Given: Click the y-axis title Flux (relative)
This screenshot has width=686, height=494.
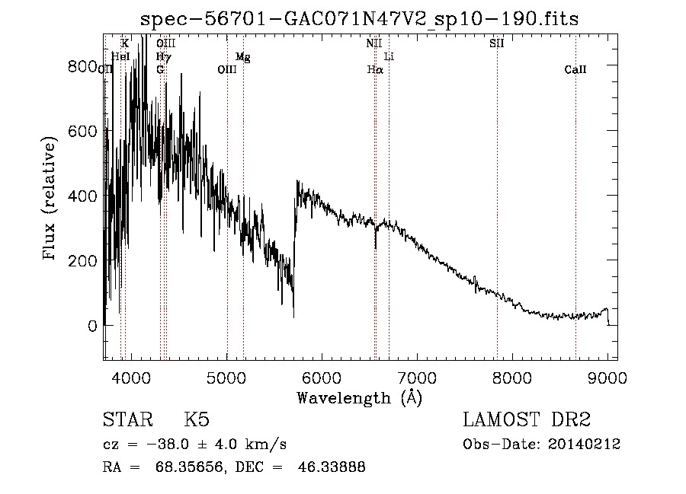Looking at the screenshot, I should coord(50,199).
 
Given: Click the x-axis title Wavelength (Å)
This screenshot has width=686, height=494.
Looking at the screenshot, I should coord(359,397).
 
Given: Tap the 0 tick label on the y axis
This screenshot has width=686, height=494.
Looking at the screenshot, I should coord(91,326).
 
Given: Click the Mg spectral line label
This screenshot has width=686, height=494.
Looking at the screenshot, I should coord(242,57).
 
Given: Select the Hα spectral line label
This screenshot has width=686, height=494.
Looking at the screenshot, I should coord(374,70).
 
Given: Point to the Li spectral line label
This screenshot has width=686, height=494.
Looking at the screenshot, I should coord(389,57).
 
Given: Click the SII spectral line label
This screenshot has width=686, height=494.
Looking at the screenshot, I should coord(496,43).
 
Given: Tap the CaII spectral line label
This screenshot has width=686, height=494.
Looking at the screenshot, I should coord(575,70).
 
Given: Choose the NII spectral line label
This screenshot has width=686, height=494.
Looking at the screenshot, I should coord(373,43).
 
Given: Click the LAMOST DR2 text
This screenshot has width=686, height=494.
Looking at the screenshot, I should coord(526,420).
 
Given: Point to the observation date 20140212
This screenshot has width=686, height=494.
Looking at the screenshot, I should coord(582,445).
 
